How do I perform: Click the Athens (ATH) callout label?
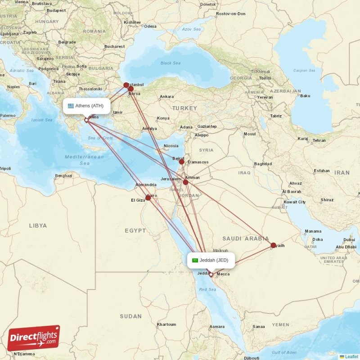point(86,106)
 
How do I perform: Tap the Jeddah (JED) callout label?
point(211,260)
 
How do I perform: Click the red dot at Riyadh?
point(273,245)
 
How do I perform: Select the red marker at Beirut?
point(181,161)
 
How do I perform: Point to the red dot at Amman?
point(185,182)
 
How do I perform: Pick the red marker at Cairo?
point(148,198)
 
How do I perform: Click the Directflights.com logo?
point(34,338)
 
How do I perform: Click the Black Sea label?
point(170,63)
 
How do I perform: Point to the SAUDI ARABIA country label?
point(245,238)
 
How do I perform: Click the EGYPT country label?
point(135,230)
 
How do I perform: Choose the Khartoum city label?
point(166,324)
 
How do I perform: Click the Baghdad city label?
point(263,164)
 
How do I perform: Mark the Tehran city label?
point(319,140)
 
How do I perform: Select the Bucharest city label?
point(114,46)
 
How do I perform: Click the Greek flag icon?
point(71,106)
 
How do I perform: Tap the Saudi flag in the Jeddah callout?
point(195,260)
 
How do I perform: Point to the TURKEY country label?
point(184,108)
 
